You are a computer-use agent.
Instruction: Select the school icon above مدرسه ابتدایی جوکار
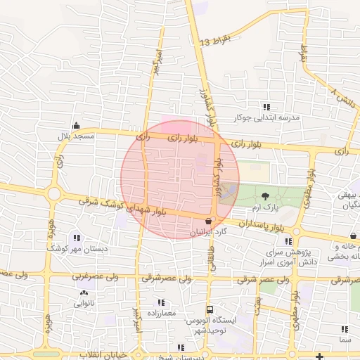[266, 107]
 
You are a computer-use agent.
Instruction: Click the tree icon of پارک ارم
[265, 198]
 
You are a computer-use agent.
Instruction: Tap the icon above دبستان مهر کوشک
[77, 238]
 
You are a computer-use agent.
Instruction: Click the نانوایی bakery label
[84, 303]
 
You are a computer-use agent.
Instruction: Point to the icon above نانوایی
[84, 292]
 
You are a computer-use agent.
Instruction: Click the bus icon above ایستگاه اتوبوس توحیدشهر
[210, 309]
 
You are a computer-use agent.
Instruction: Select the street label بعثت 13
[214, 40]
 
